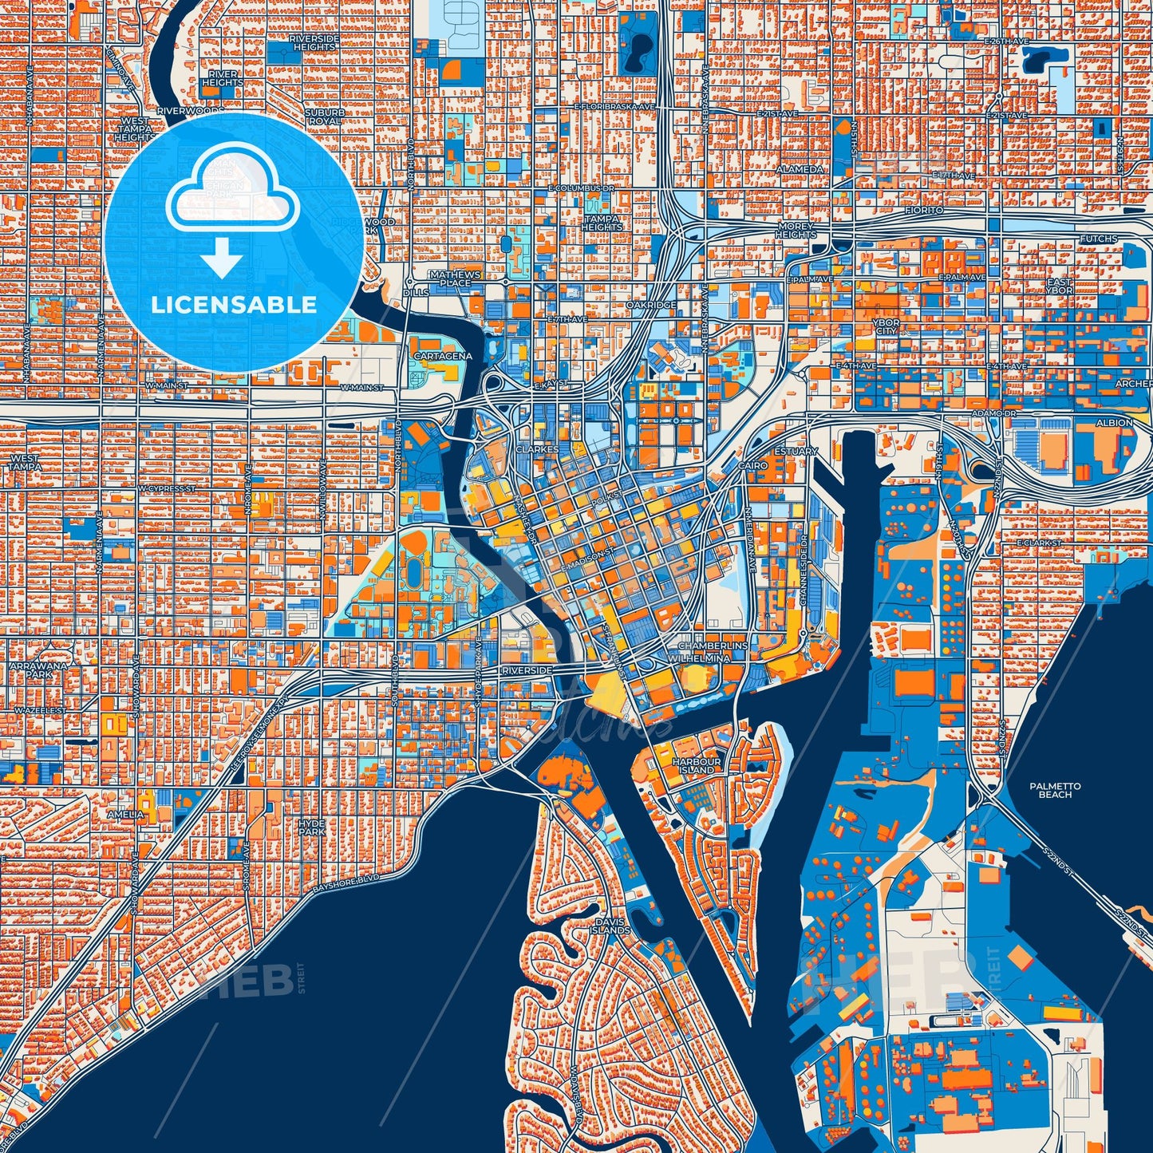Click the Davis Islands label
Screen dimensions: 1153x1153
[612, 926]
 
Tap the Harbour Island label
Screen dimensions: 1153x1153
[697, 765]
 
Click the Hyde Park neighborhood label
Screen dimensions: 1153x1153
[312, 827]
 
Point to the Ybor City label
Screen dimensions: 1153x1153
[886, 326]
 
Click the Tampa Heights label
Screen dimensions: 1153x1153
[602, 223]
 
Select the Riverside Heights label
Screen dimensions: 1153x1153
[314, 42]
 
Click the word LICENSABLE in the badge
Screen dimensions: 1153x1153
[234, 304]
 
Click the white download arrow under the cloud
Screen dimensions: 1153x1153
[222, 259]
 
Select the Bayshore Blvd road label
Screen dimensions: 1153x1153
[346, 882]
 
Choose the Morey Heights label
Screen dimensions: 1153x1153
[796, 231]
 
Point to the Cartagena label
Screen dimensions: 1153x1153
[442, 356]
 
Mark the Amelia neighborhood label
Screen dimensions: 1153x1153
[125, 814]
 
